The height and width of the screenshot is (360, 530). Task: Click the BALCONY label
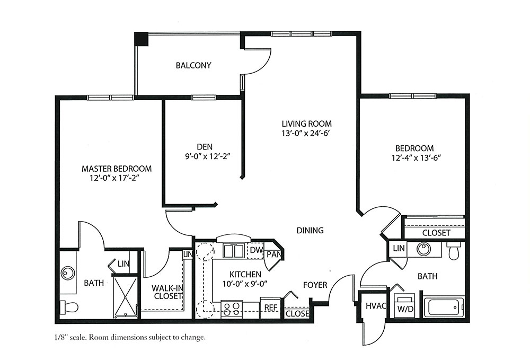(193, 65)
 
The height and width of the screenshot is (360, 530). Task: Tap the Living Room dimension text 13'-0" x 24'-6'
(305, 134)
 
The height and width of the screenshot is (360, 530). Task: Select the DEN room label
(205, 147)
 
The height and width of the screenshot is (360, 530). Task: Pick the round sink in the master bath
(68, 273)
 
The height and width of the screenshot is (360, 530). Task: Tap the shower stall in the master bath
(125, 297)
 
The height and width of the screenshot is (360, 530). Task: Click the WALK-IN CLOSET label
(167, 292)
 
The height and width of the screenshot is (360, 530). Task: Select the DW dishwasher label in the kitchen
(256, 250)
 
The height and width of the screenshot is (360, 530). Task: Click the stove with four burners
(232, 309)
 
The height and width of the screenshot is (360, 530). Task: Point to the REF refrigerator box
(270, 308)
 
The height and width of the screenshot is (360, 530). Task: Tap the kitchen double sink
(234, 251)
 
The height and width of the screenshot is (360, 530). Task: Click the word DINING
(310, 231)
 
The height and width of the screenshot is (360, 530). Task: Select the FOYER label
(315, 285)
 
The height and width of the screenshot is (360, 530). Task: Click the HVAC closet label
(376, 306)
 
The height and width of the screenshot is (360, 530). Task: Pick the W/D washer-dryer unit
(405, 305)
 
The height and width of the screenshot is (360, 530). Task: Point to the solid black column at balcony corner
(142, 39)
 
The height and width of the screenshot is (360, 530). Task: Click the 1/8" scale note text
(129, 337)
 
